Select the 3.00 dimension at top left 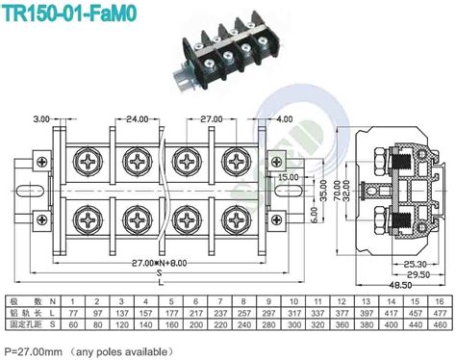pyautogui.click(x=40, y=118)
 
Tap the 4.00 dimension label pyautogui.click(x=281, y=118)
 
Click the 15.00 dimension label pyautogui.click(x=288, y=178)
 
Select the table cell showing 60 pyautogui.click(x=74, y=325)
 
